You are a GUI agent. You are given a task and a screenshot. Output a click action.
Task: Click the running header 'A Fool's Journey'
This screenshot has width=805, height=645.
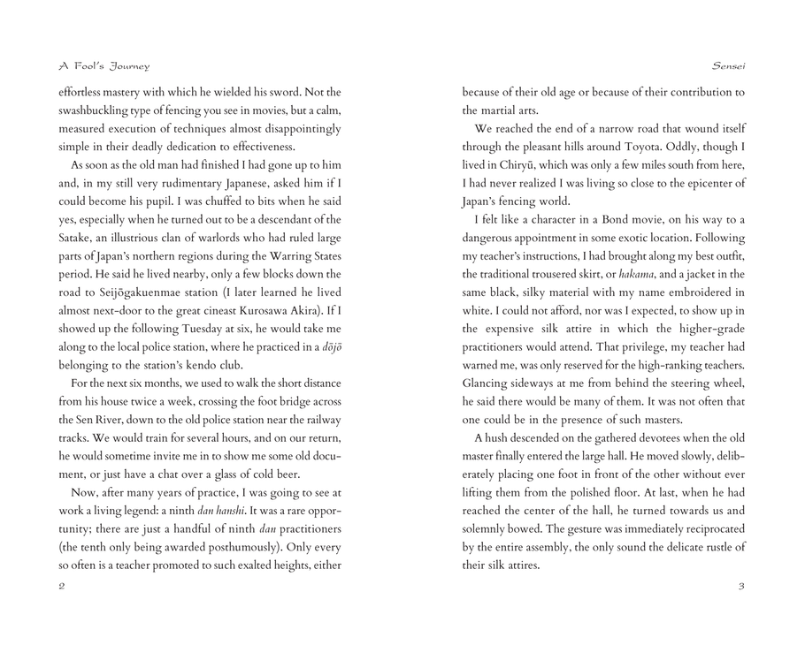pyautogui.click(x=103, y=65)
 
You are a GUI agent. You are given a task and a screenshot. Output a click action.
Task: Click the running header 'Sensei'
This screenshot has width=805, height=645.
pyautogui.click(x=728, y=65)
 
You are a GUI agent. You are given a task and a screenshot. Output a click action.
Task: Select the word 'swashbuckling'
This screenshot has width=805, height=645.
pyautogui.click(x=95, y=110)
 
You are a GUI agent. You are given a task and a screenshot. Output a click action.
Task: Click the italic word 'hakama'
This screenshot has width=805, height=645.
pyautogui.click(x=637, y=275)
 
